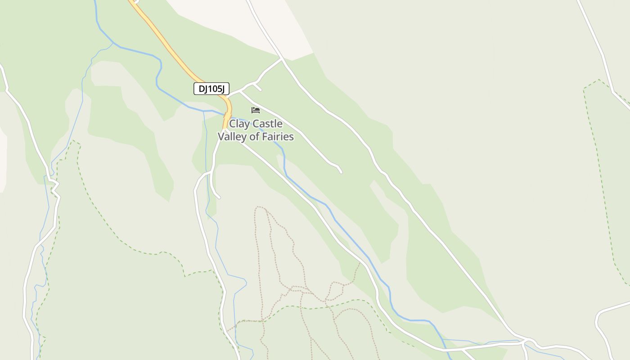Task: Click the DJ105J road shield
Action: pos(211,89)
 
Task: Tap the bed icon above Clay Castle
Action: pos(256,110)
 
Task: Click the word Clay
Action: pos(239,124)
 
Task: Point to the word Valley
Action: pos(232,137)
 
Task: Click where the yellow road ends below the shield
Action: pos(224,128)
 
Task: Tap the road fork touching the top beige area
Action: pos(282,58)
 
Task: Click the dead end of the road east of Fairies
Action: pos(341,172)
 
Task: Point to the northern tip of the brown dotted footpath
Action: pos(259,207)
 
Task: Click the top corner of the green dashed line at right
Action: pos(598,80)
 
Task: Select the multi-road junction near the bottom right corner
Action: pos(525,341)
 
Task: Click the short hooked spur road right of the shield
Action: pos(258,87)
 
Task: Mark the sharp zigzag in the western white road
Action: pos(54,187)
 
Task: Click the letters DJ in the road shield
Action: pos(203,89)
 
